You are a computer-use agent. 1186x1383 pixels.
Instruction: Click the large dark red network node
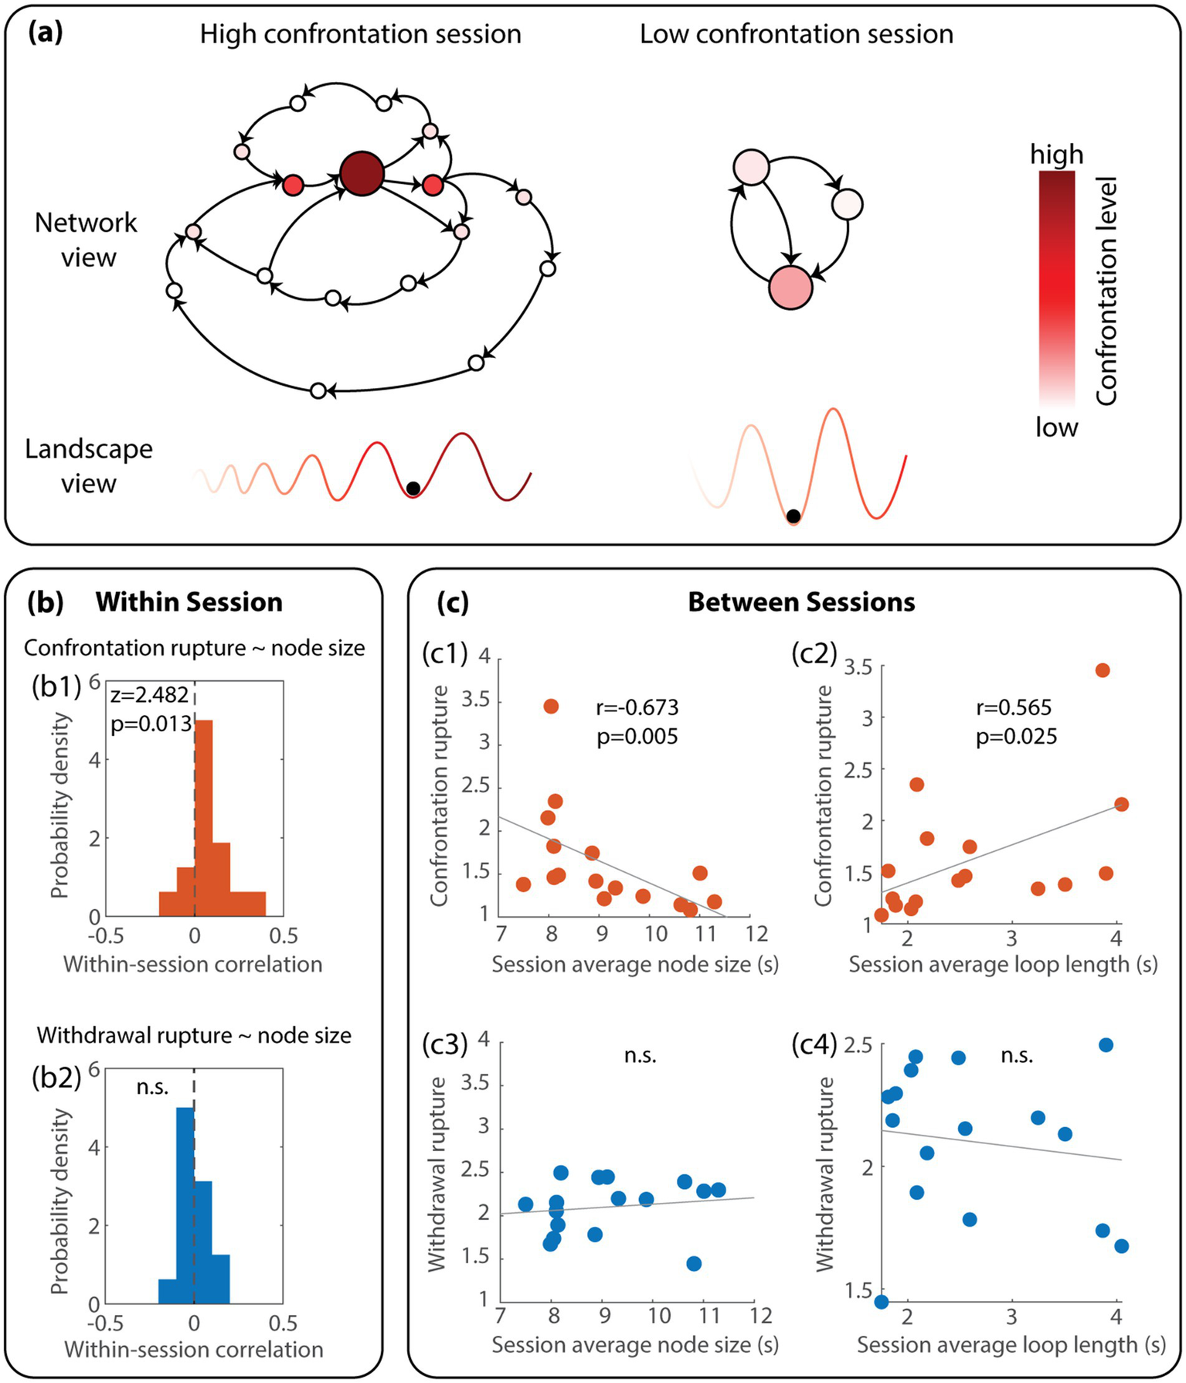pyautogui.click(x=362, y=173)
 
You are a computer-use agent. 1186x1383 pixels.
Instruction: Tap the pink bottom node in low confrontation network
pyautogui.click(x=790, y=287)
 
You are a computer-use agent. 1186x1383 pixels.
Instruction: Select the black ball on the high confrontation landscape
pyautogui.click(x=413, y=489)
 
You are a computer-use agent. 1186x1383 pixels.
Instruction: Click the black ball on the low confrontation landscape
pyautogui.click(x=793, y=516)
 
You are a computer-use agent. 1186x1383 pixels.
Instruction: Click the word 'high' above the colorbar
pyautogui.click(x=1056, y=155)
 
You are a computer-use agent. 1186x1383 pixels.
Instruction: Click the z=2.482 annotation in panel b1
pyautogui.click(x=150, y=695)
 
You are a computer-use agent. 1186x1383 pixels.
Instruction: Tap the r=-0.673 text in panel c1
pyautogui.click(x=637, y=707)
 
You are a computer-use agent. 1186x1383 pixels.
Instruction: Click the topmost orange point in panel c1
pyautogui.click(x=551, y=706)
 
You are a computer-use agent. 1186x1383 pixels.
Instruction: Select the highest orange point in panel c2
pyautogui.click(x=1103, y=670)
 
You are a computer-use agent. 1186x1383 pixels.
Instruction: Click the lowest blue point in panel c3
pyautogui.click(x=694, y=1263)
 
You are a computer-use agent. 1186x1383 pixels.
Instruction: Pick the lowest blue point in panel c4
pyautogui.click(x=881, y=1302)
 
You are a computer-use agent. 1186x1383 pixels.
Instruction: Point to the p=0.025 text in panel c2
pyautogui.click(x=1016, y=737)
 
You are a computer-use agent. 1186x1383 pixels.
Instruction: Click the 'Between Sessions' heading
pyautogui.click(x=801, y=602)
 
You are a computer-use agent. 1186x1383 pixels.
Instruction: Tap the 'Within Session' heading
pyautogui.click(x=189, y=602)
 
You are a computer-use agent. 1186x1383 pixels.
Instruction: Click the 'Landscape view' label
pyautogui.click(x=88, y=466)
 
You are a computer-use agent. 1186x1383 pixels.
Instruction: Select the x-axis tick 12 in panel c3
pyautogui.click(x=754, y=1315)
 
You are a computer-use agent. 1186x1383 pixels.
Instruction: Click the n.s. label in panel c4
pyautogui.click(x=1017, y=1056)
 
